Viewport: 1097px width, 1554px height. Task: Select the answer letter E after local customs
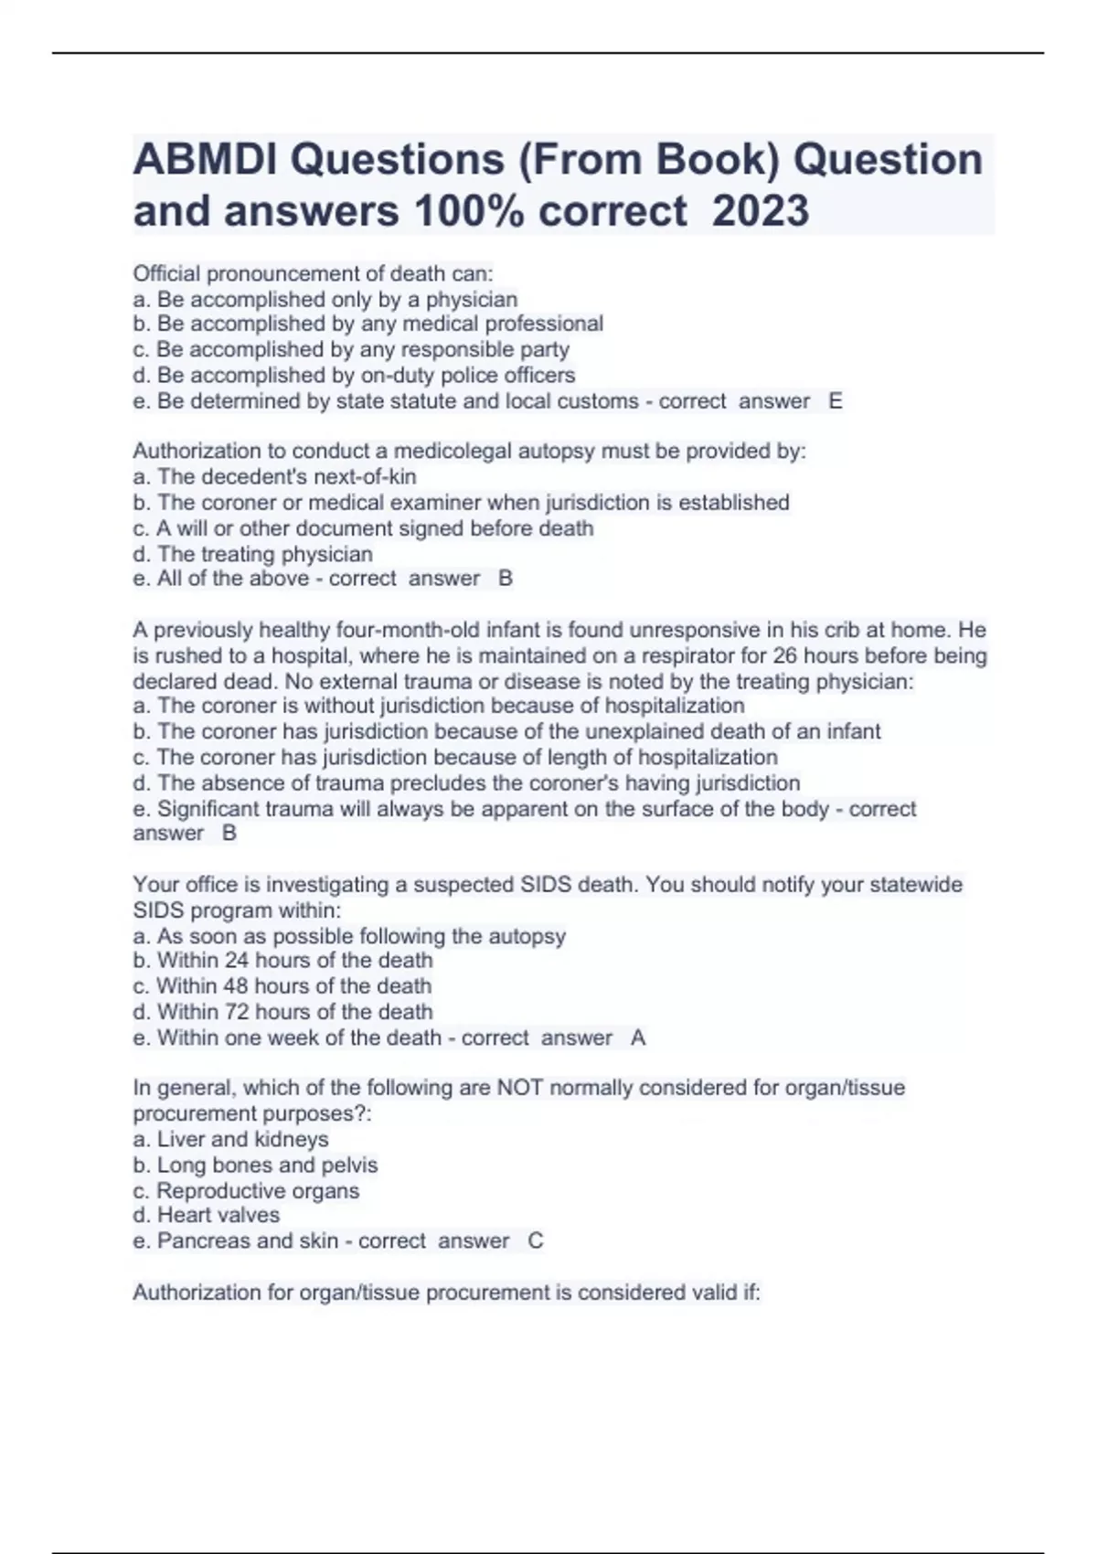point(835,401)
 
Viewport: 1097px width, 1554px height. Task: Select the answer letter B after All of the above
point(506,579)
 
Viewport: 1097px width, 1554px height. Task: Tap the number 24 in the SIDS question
point(237,961)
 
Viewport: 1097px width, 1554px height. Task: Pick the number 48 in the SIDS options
point(236,986)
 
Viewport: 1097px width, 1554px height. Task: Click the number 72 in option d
point(237,1012)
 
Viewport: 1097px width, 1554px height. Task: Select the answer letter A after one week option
point(638,1038)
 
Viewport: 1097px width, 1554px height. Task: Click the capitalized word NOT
point(518,1089)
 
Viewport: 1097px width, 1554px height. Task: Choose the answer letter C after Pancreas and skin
point(536,1241)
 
